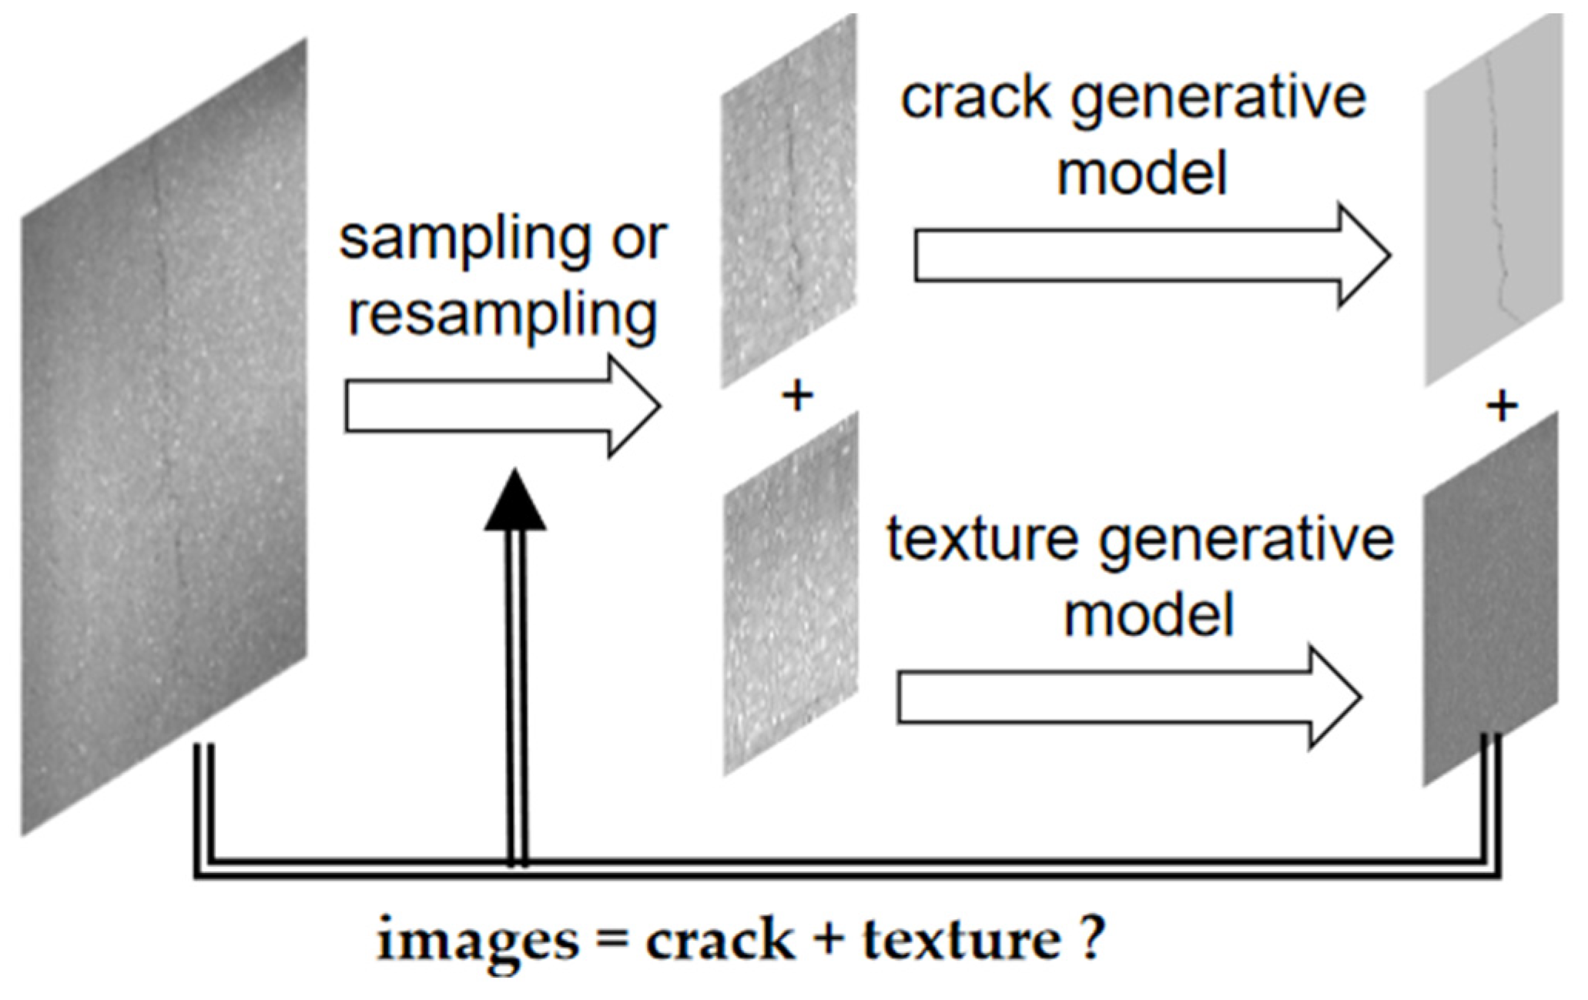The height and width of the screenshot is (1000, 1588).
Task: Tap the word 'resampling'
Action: [503, 316]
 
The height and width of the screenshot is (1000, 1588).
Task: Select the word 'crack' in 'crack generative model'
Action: [975, 98]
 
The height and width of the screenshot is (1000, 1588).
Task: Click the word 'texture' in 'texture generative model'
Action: [982, 538]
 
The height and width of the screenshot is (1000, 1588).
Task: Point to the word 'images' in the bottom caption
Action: [477, 941]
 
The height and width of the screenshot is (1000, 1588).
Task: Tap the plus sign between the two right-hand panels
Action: [1501, 406]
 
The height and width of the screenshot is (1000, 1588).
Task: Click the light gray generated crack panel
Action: [1493, 200]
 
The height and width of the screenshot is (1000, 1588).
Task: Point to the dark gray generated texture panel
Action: [1490, 600]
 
